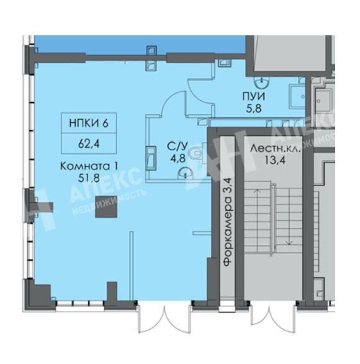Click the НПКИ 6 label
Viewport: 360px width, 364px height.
[x=89, y=123]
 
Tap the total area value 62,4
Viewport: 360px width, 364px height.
[x=89, y=144]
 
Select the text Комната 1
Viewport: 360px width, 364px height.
[x=89, y=166]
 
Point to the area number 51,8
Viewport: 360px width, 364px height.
[x=89, y=179]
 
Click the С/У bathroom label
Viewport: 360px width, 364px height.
[x=178, y=147]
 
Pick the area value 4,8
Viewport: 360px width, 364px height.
[x=178, y=159]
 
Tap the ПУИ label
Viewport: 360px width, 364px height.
[x=254, y=97]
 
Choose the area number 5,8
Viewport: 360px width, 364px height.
[x=254, y=109]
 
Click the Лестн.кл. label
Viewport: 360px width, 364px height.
[x=275, y=149]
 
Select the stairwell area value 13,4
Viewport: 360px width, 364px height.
[x=275, y=160]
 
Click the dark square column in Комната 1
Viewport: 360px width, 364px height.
[x=106, y=207]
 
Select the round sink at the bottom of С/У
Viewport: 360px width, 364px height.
[x=185, y=174]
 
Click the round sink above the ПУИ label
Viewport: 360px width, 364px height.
[x=262, y=82]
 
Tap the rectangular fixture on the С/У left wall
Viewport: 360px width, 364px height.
[x=151, y=159]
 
